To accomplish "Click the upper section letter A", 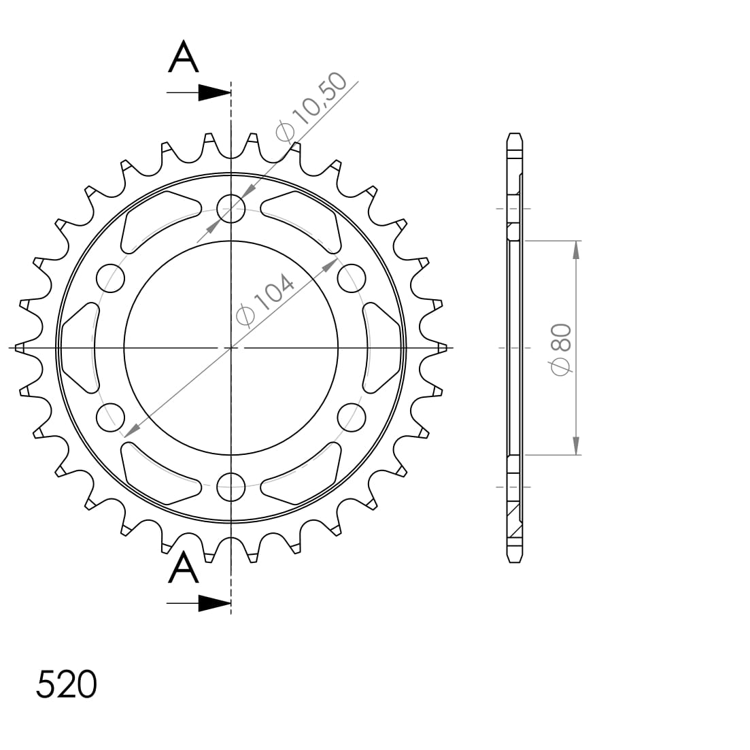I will point(184,57).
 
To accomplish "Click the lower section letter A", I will point(184,568).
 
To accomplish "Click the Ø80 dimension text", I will point(561,347).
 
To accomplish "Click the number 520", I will point(66,684).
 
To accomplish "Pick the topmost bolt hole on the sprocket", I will point(231,209).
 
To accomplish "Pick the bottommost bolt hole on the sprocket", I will point(231,485).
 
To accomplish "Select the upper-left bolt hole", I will point(111,278).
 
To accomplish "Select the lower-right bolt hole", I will point(351,417).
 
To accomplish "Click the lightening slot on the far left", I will point(80,347).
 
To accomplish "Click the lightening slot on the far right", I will point(383,347).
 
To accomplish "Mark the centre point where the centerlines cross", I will point(231,347).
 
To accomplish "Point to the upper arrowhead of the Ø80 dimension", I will point(576,250).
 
